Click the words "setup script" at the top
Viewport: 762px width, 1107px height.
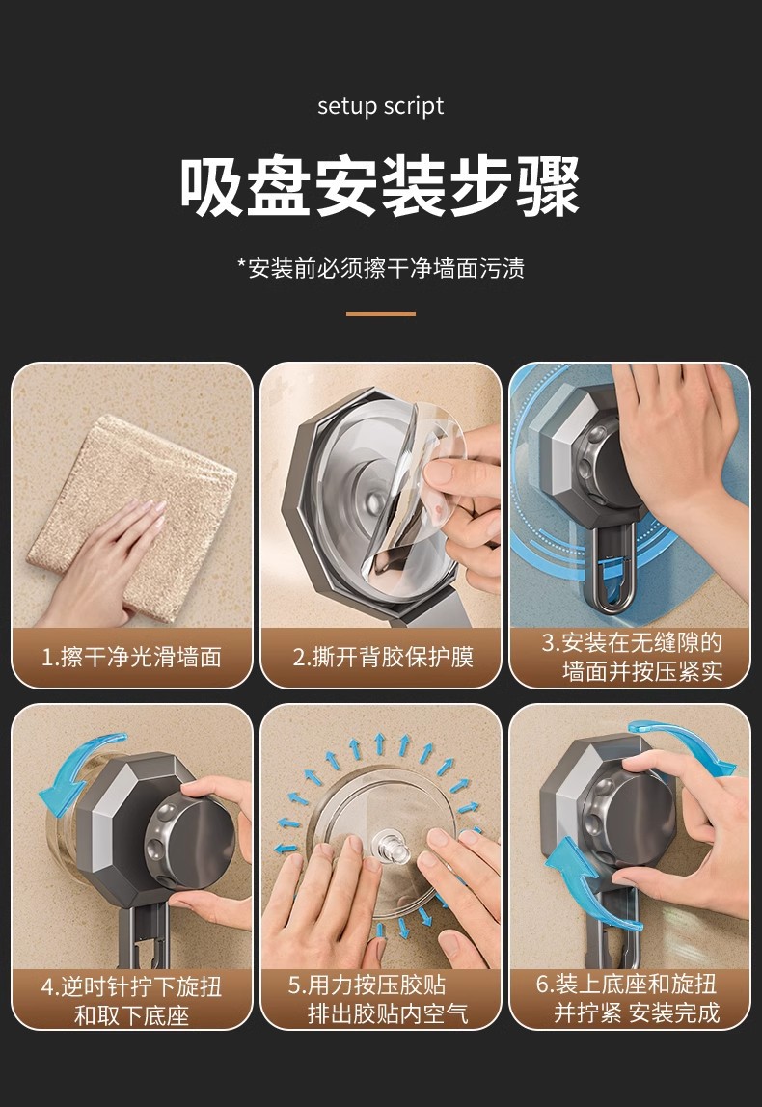click(x=381, y=106)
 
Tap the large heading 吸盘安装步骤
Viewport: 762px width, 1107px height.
click(x=380, y=187)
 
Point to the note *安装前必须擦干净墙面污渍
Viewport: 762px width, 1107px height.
click(x=381, y=268)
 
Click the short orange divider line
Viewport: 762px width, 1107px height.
click(x=381, y=314)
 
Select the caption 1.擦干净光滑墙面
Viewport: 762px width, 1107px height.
click(x=132, y=658)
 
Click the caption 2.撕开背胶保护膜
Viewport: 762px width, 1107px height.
click(x=383, y=658)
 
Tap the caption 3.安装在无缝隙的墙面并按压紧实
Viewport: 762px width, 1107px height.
click(x=632, y=658)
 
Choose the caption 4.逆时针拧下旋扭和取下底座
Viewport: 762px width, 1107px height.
click(x=132, y=1000)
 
